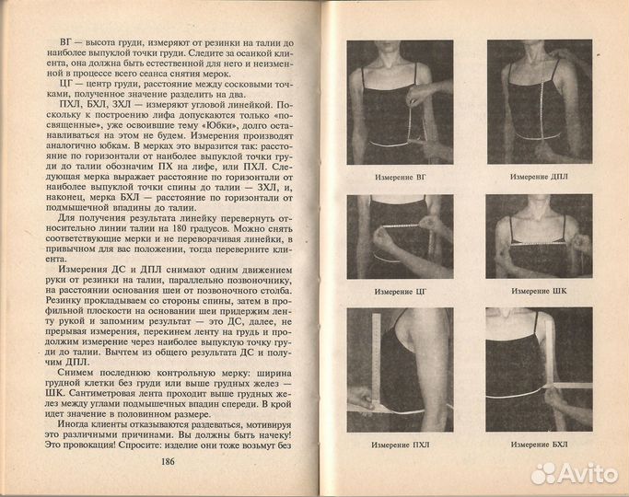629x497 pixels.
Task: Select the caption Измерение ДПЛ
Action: click(539, 176)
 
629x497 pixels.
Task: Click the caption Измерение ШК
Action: click(539, 291)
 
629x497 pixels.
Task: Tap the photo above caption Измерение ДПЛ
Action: click(539, 101)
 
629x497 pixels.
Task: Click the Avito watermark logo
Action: click(575, 472)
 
